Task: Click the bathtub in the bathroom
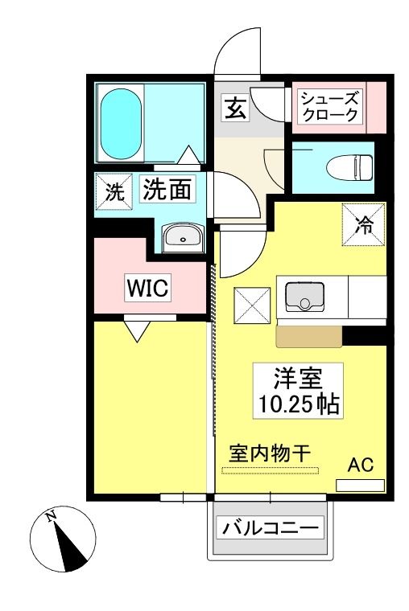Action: pos(121,124)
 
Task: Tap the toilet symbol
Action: pos(349,167)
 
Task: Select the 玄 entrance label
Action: pos(236,108)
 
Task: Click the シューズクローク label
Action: pos(330,106)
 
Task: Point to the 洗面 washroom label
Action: pos(167,189)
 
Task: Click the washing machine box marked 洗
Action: pos(115,191)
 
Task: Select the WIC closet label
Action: pos(148,288)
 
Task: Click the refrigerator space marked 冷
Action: pos(364,224)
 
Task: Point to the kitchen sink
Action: pos(305,297)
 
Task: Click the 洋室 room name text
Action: pos(298,378)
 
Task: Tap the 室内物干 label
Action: pos(270,453)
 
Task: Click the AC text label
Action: pos(361,465)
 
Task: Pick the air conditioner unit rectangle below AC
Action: pos(360,486)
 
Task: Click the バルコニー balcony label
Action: pos(270,528)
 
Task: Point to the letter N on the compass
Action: pos(51,517)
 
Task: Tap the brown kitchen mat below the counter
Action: pos(309,337)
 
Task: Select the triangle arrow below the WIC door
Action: pos(138,331)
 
